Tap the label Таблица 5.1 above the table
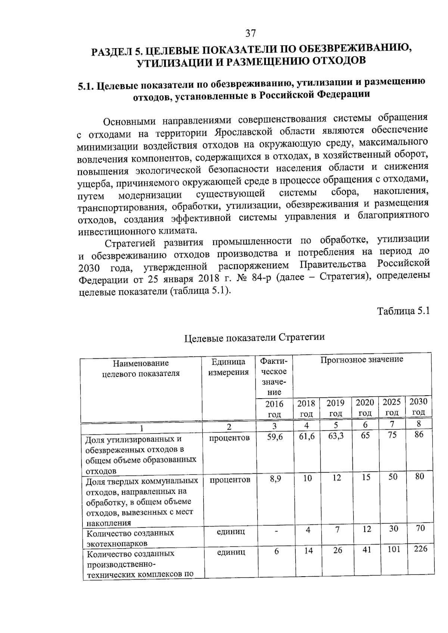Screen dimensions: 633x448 coord(403,311)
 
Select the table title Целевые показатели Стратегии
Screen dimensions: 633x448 coord(255,337)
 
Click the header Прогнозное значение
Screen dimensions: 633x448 coord(362,359)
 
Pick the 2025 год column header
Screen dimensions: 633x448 coord(392,407)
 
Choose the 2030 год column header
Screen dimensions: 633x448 coord(418,406)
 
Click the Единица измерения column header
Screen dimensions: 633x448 coord(228,367)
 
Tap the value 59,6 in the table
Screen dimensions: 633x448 coord(275,437)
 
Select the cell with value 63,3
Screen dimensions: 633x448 coord(336,436)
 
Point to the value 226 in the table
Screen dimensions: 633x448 coord(420,549)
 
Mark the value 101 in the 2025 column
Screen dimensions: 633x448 coord(393,549)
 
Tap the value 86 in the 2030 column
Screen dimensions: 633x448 coord(419,434)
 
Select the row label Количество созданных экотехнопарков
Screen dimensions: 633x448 coord(130,538)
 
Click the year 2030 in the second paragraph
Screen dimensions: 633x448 coord(90,268)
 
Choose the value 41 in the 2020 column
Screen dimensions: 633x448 coord(366,550)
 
